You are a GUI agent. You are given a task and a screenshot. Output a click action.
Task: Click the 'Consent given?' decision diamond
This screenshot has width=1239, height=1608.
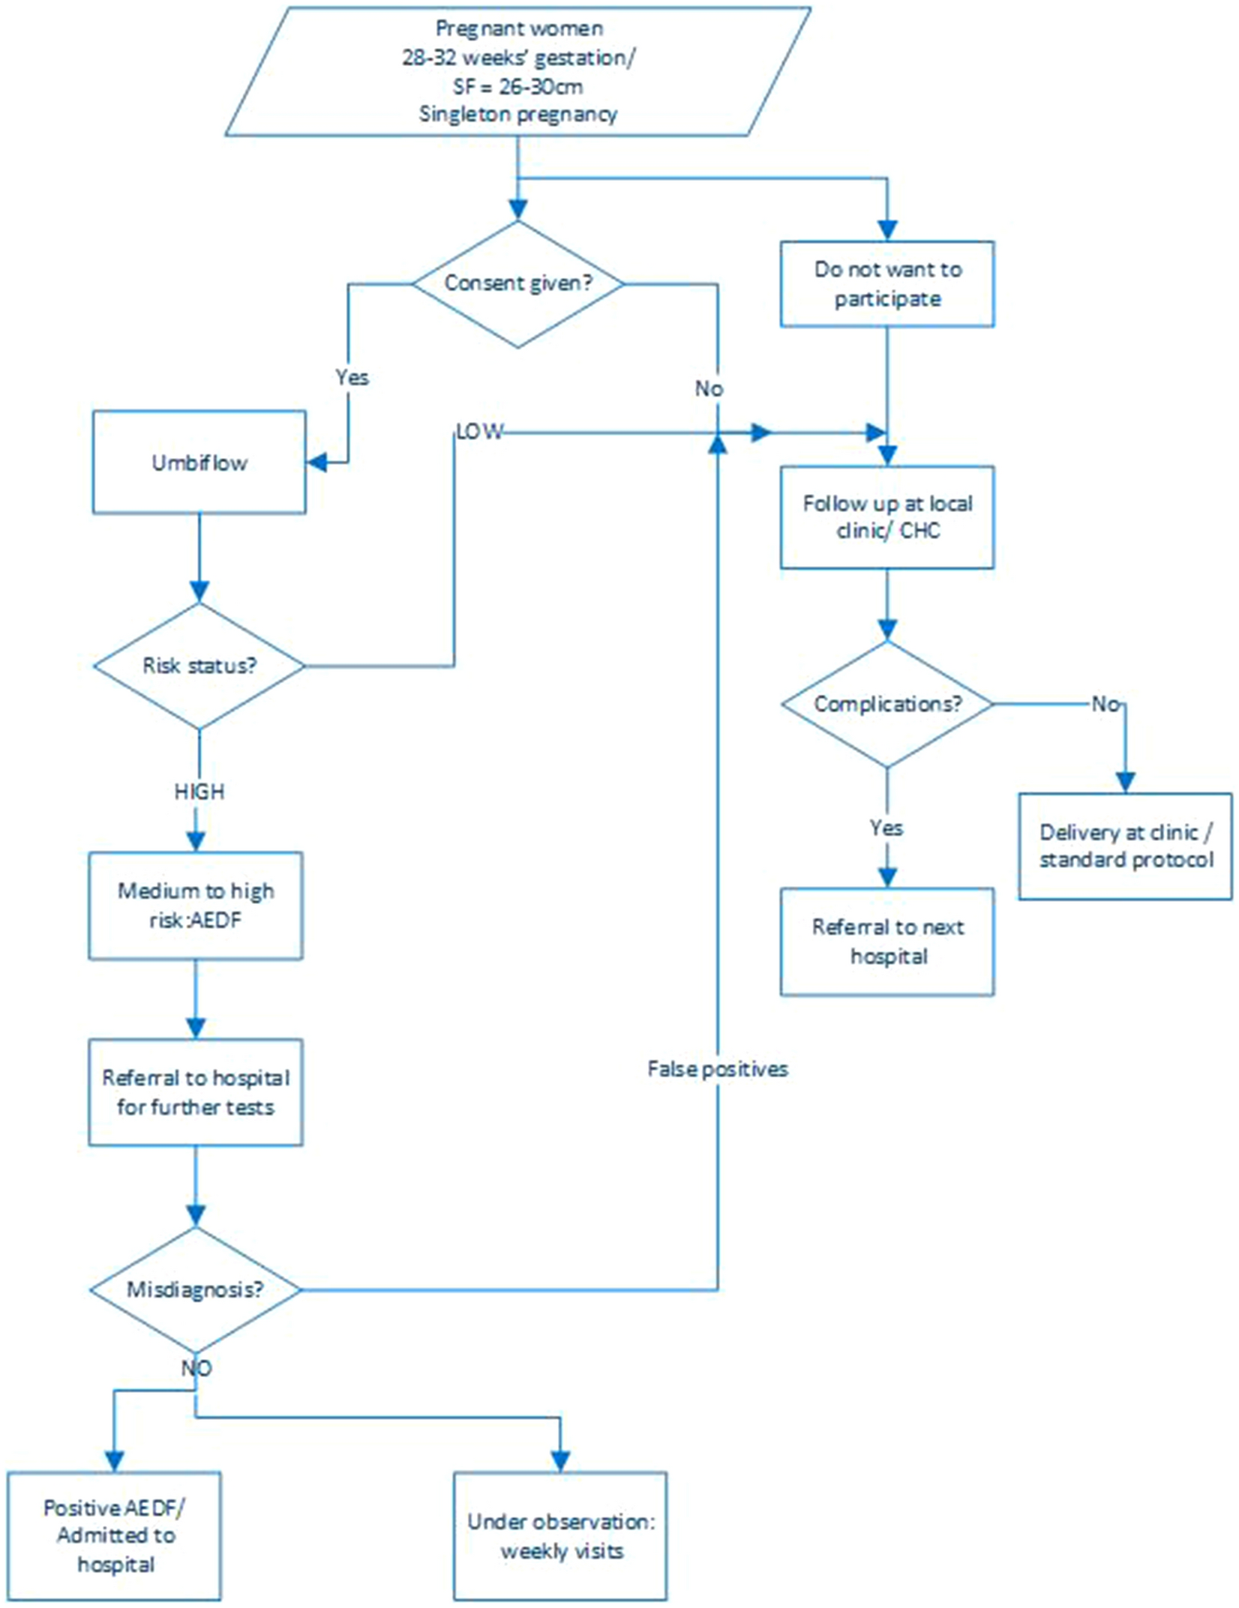click(517, 283)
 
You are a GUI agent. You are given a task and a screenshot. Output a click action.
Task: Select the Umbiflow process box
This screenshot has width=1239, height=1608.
click(199, 463)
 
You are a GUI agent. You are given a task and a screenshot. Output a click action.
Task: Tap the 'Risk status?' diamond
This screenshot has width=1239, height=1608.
click(199, 666)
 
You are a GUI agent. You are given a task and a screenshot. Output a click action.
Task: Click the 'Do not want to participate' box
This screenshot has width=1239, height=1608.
click(887, 284)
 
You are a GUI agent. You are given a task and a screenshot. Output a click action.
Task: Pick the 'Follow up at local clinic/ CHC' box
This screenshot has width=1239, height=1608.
click(887, 517)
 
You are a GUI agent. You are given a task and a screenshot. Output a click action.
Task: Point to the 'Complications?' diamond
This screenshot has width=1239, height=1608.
click(887, 705)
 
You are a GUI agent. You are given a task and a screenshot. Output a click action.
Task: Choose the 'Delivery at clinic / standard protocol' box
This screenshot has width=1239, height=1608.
click(1125, 846)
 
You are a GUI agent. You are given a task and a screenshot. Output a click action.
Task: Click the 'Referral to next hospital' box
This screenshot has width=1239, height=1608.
click(887, 942)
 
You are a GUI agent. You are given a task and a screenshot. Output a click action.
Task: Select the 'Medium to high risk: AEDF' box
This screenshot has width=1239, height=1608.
click(196, 906)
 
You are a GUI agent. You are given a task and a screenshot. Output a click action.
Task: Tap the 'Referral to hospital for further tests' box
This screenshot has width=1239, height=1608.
click(196, 1092)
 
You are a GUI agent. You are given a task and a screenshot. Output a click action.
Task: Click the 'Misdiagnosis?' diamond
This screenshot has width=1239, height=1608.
click(196, 1289)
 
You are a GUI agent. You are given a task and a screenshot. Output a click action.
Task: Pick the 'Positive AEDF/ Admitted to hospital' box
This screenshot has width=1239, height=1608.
click(115, 1535)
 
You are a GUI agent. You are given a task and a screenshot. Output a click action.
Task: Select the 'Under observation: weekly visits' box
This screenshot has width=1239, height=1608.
click(560, 1535)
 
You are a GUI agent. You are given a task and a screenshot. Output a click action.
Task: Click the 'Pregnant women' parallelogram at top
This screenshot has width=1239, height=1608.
click(517, 72)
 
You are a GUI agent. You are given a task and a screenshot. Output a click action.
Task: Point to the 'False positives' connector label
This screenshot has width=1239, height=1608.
click(718, 1069)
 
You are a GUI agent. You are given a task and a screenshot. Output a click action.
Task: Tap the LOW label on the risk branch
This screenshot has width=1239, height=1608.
click(480, 432)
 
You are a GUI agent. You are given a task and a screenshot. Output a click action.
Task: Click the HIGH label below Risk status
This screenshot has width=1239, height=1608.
click(199, 792)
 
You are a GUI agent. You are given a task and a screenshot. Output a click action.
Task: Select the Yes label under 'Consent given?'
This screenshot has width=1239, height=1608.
click(352, 377)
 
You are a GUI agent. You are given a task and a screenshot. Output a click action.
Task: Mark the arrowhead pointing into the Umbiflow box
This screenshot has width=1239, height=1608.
click(317, 463)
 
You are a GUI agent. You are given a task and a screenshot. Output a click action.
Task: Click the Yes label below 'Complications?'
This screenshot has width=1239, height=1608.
click(886, 828)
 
